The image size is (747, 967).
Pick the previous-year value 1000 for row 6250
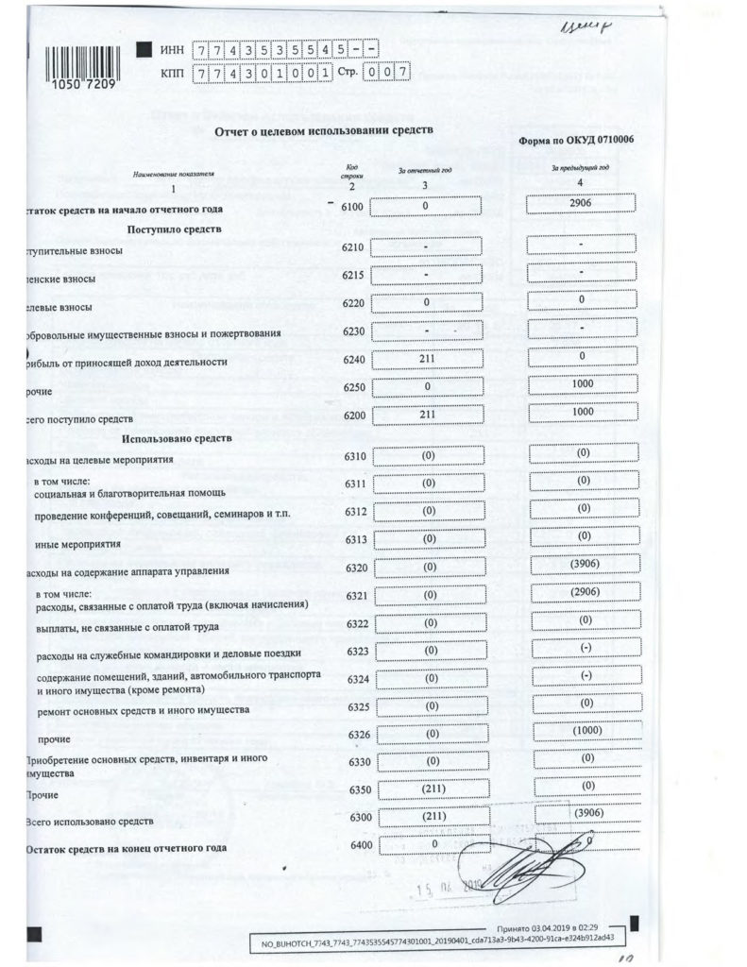(581, 385)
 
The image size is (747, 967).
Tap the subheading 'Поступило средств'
(171, 229)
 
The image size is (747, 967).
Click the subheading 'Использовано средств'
(174, 439)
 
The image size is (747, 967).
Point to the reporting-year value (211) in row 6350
(427, 788)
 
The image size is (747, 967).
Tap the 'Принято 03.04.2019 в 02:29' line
(553, 929)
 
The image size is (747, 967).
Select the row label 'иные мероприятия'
(77, 545)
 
